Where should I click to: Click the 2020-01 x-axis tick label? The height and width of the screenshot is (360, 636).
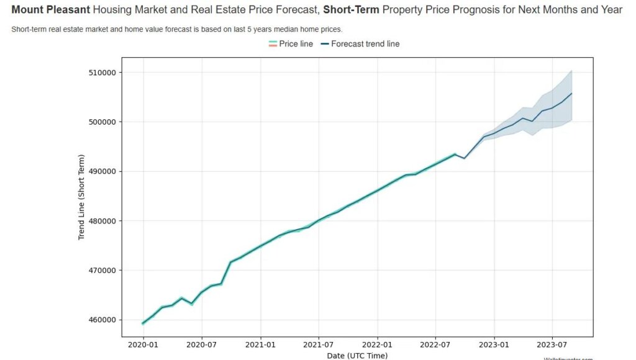coord(143,343)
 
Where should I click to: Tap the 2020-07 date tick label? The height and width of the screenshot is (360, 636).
coord(201,343)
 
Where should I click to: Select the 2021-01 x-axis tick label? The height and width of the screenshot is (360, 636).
coord(260,343)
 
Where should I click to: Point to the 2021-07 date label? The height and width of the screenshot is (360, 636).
coord(318,343)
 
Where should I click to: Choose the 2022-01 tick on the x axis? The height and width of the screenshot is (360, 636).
coord(377,343)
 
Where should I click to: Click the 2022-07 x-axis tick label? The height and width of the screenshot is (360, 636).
coord(435,343)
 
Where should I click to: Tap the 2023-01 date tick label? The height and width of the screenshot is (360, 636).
coord(494,343)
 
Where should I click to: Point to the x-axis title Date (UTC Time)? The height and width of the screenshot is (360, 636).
coord(357,356)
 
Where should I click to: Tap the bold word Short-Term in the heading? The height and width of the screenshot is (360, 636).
coord(350,10)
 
